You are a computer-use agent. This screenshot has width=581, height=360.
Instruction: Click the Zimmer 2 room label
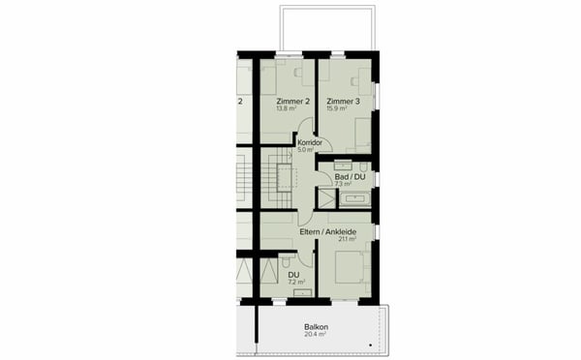coord(292,102)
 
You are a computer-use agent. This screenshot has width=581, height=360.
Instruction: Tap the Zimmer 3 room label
coord(343,102)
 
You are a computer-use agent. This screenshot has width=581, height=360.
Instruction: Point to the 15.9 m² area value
coord(338,109)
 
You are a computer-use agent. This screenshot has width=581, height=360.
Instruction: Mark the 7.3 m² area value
coord(343,184)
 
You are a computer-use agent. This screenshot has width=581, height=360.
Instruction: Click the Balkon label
coord(316,327)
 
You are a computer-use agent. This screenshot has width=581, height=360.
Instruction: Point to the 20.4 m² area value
coord(315,335)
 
